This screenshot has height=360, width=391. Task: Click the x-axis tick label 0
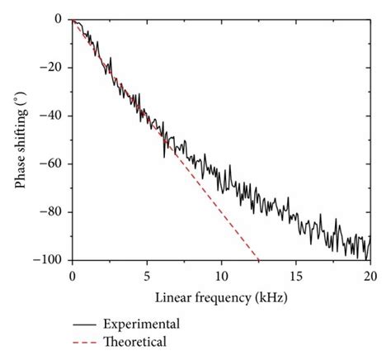(73, 274)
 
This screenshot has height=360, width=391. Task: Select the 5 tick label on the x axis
(147, 274)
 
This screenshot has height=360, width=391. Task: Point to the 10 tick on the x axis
(221, 274)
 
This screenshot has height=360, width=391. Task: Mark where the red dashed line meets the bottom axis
(259, 259)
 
